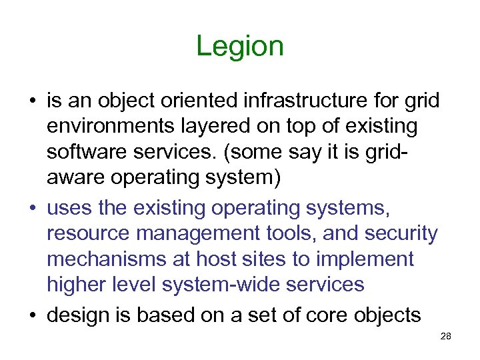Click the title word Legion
coord(240,47)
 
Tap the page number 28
coord(446,337)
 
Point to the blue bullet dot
coord(32,207)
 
